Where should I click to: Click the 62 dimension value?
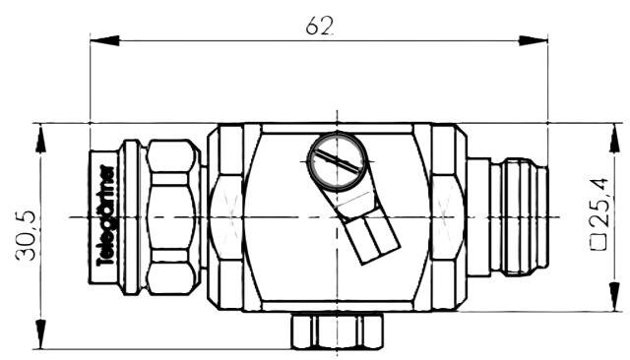[x=320, y=27]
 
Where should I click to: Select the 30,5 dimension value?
[x=27, y=235]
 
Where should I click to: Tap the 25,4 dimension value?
[x=599, y=203]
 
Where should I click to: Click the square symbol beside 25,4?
[x=599, y=242]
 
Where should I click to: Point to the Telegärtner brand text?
[x=106, y=216]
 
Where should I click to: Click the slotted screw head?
[x=338, y=161]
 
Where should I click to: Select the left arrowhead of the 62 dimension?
[x=105, y=40]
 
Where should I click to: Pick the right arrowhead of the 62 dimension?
[x=533, y=40]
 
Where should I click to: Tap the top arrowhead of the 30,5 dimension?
[x=40, y=139]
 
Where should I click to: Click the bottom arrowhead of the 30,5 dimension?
[x=40, y=334]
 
